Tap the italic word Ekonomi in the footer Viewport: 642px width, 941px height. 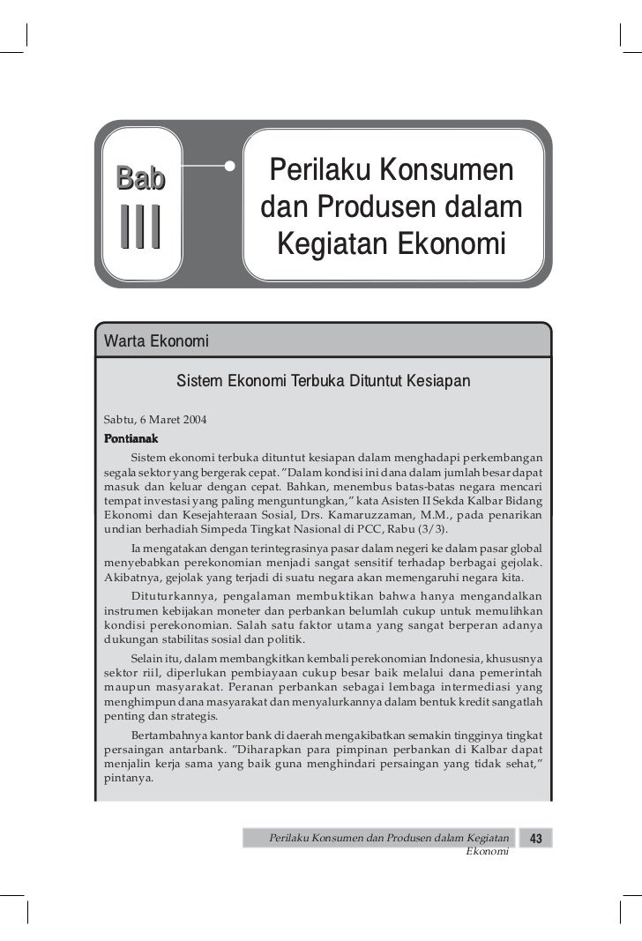487,853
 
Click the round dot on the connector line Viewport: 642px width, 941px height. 230,165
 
